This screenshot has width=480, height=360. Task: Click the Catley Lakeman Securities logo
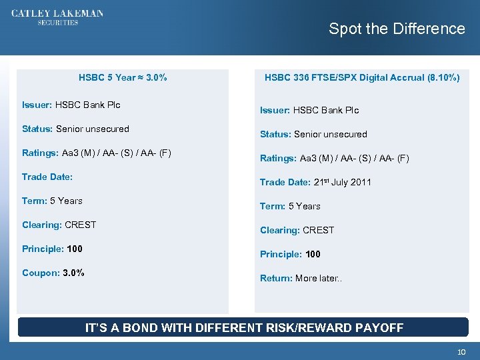[57, 17]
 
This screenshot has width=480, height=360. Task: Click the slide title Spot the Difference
[397, 29]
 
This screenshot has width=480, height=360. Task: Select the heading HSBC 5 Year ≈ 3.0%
[123, 78]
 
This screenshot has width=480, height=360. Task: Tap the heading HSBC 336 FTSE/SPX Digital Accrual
[361, 78]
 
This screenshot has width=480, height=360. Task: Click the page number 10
[461, 350]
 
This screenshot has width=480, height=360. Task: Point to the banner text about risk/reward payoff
[244, 327]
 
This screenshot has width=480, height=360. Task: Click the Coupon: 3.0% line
[53, 273]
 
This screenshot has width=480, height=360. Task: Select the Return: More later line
[301, 278]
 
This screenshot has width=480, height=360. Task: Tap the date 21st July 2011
[342, 182]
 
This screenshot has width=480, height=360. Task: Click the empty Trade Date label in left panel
[47, 177]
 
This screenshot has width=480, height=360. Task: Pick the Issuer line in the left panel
[71, 105]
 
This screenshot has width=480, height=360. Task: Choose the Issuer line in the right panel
[309, 110]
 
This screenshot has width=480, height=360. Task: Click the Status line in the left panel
[75, 129]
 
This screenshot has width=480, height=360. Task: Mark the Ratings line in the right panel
[335, 158]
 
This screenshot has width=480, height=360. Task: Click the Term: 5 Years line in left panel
[52, 201]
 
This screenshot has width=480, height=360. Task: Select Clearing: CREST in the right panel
[297, 230]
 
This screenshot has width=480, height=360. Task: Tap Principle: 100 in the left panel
[52, 249]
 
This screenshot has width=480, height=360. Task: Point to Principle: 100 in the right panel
[290, 254]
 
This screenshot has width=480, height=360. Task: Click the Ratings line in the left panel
[97, 153]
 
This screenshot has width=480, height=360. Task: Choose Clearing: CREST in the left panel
[59, 225]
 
